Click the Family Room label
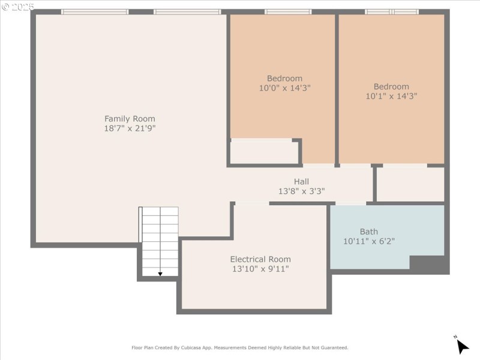130,119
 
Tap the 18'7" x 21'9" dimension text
130,128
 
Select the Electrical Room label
260,259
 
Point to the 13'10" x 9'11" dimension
260,269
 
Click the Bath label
369,232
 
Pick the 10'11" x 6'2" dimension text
369,241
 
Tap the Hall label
301,182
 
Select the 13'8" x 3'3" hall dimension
301,191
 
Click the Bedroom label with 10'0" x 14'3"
284,78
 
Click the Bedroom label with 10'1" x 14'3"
391,86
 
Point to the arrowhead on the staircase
160,274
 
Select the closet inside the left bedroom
264,151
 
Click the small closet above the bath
410,184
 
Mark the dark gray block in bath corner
428,263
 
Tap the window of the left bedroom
288,11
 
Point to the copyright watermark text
18,6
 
